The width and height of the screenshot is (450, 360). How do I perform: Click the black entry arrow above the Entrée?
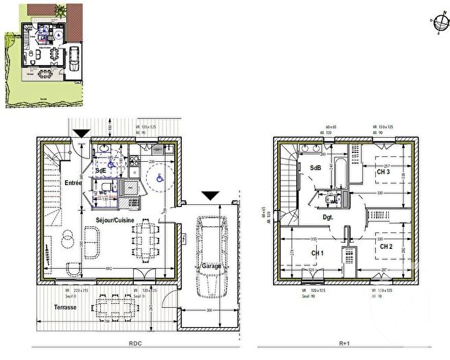[x=81, y=133]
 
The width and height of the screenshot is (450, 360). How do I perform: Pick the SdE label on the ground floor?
[x=101, y=169]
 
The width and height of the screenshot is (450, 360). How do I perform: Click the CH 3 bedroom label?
[x=384, y=172]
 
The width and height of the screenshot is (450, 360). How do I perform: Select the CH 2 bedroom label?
[x=386, y=245]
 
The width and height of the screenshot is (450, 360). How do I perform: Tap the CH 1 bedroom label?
[x=318, y=253]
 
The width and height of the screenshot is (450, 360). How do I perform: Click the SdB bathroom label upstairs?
[x=316, y=168]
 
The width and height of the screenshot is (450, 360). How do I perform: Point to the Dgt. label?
[x=328, y=217]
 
